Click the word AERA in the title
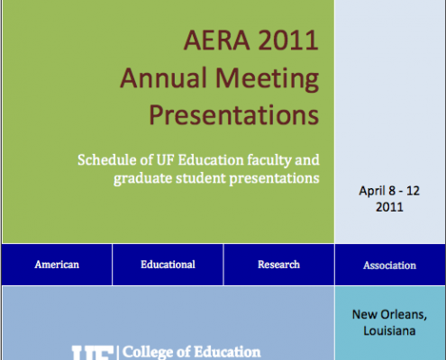click(216, 40)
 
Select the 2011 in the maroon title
click(288, 40)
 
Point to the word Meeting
click(267, 79)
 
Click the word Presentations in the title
click(233, 115)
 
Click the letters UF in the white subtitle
click(165, 160)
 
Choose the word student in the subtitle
click(201, 178)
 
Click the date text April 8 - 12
click(389, 191)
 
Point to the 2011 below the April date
click(389, 207)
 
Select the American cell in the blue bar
click(57, 265)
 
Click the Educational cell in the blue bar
click(168, 265)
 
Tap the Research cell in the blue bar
click(279, 265)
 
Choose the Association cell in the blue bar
click(390, 265)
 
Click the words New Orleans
click(389, 315)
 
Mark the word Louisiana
click(389, 331)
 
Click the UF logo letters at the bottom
click(93, 353)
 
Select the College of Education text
click(192, 352)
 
